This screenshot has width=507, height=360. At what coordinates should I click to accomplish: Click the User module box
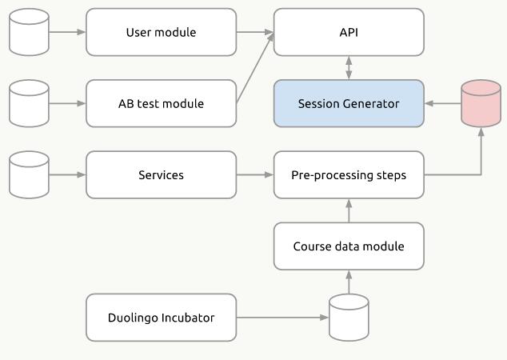[x=161, y=33]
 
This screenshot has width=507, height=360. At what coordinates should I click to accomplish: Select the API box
[x=349, y=33]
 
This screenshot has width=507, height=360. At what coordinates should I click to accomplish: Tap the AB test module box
[x=161, y=104]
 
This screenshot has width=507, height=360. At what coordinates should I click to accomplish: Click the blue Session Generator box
[x=349, y=104]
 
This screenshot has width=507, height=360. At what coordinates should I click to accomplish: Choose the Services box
[x=161, y=175]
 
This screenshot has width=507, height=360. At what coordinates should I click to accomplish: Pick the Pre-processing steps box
[x=349, y=175]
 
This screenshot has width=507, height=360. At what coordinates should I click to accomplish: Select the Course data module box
[x=349, y=246]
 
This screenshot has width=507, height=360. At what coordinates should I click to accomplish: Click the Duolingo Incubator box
[x=161, y=318]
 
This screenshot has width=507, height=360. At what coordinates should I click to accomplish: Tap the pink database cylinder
[x=481, y=104]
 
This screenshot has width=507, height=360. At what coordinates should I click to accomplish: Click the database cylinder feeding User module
[x=29, y=33]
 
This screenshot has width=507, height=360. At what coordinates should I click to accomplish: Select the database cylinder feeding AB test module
[x=29, y=104]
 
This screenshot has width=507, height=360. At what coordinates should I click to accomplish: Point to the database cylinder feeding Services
[x=29, y=175]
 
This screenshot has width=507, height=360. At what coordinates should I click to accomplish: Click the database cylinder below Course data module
[x=349, y=318]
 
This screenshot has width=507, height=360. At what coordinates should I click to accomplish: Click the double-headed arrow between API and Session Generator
[x=349, y=68]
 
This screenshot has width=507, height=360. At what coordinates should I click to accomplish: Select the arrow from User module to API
[x=255, y=33]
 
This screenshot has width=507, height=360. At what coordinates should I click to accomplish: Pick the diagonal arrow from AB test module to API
[x=255, y=69]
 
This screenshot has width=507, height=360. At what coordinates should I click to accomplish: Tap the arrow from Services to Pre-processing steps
[x=255, y=175]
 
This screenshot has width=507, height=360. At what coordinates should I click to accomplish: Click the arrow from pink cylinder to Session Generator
[x=442, y=104]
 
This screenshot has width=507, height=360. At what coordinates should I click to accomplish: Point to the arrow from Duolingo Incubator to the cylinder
[x=282, y=318]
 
